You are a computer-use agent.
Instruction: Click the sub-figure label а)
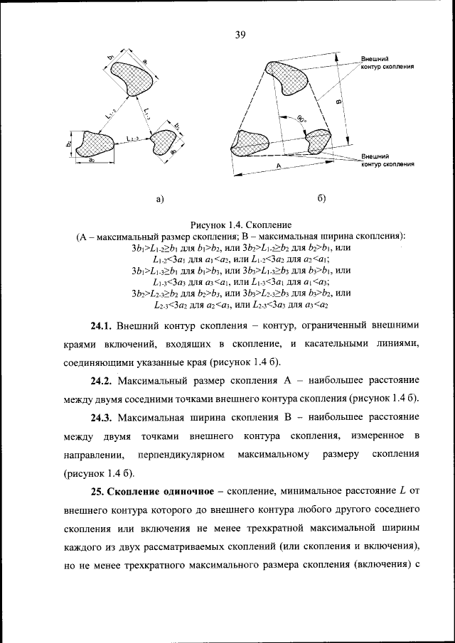pyautogui.click(x=160, y=199)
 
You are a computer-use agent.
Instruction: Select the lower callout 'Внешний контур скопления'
pyautogui.click(x=387, y=160)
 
